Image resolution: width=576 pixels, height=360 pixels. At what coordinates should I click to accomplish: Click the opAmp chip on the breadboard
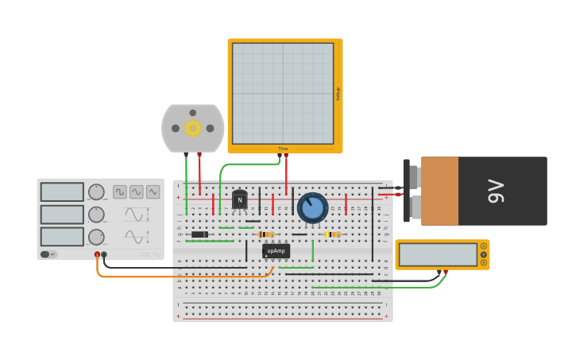pos(276,251)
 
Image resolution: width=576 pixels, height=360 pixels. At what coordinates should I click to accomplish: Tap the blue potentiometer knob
pos(312,207)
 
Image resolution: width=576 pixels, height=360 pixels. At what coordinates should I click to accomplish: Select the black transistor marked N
pos(239,200)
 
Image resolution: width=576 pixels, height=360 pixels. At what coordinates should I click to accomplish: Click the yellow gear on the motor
pos(192,128)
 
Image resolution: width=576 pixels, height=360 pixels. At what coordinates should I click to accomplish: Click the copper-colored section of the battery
pos(439,191)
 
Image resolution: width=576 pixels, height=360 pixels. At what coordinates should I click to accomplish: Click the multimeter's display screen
pos(437,255)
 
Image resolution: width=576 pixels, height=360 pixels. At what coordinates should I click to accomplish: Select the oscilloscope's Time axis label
pos(283,149)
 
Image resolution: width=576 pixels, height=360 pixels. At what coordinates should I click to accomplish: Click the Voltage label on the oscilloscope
pos(338,94)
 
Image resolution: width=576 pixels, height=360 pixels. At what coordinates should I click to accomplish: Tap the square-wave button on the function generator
pos(120,192)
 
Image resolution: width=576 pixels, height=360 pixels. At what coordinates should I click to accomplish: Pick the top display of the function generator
pos(62,192)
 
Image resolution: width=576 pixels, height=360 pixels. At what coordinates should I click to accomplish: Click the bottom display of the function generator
pos(62,237)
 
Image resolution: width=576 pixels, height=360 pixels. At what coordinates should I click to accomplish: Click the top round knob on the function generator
pos(96,192)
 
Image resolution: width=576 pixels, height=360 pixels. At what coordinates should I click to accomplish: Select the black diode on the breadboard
pos(199,234)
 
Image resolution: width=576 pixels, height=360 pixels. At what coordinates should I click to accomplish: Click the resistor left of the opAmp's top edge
pos(266,234)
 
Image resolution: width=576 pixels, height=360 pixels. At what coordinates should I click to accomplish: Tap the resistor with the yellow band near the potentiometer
pos(332,234)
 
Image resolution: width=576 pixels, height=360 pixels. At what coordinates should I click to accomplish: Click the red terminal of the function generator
pos(97,254)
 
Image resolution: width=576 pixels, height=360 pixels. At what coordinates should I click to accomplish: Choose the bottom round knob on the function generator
pos(96,237)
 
